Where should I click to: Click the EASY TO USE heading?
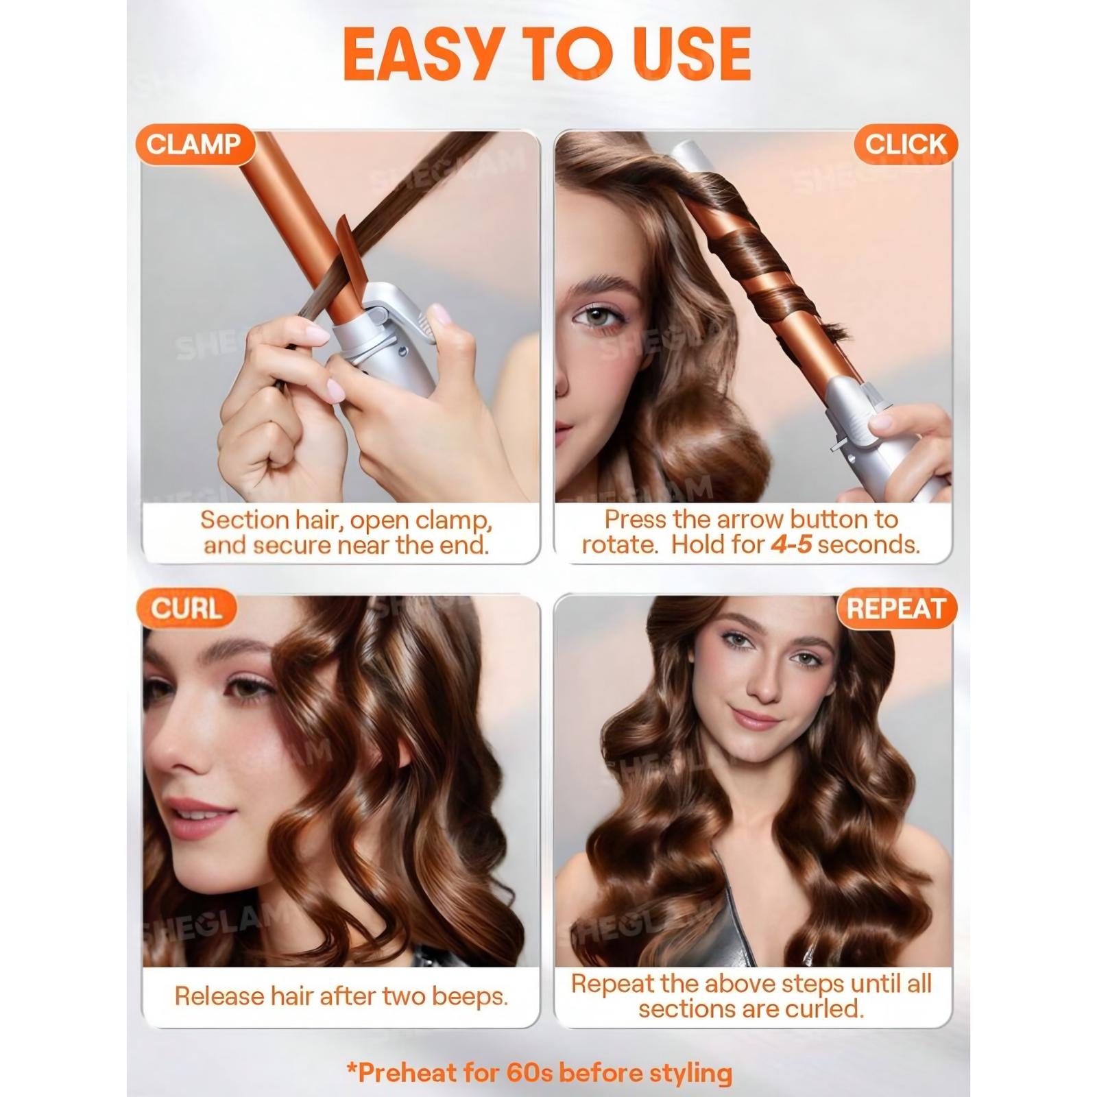click(x=546, y=54)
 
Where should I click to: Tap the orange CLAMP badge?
click(x=194, y=144)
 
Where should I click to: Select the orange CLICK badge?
click(x=905, y=144)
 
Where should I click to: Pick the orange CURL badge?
click(x=186, y=608)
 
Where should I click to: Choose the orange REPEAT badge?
click(x=896, y=608)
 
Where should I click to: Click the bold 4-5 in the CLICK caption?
click(x=791, y=544)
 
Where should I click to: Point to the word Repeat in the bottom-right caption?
click(x=613, y=984)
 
